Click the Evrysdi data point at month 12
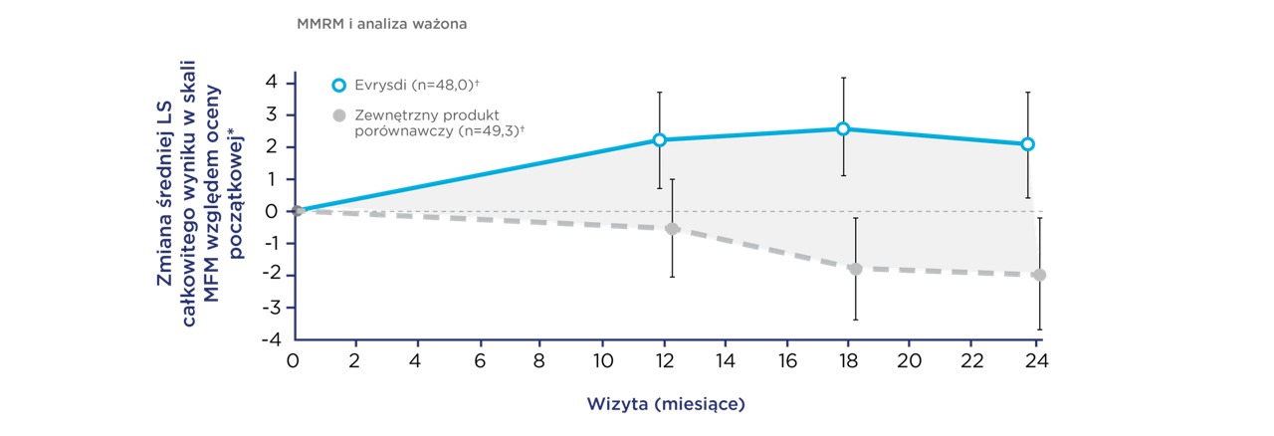point(660,140)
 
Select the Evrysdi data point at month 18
point(843,128)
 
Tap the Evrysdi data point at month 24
point(1027,144)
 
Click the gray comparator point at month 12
point(672,229)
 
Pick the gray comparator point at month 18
point(855,269)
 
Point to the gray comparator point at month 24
point(1039,275)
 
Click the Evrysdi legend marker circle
point(338,85)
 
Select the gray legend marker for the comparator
point(338,115)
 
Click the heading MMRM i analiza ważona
point(381,23)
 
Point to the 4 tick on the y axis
point(273,83)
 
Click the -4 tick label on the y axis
point(269,338)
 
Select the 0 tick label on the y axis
point(273,211)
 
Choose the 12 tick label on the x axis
point(661,358)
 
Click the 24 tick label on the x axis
point(1034,358)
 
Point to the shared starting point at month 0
point(297,211)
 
